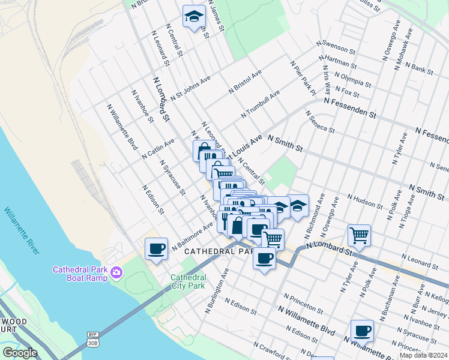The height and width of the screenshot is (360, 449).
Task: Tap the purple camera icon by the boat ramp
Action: (x=116, y=274)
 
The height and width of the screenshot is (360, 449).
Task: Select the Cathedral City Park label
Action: (x=188, y=282)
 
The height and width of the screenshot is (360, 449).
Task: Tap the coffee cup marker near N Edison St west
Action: (x=157, y=248)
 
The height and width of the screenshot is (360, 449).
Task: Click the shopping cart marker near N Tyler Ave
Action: (x=359, y=235)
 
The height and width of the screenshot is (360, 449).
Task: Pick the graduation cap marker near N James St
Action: (x=194, y=17)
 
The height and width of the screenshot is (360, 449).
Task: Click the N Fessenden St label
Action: (x=349, y=108)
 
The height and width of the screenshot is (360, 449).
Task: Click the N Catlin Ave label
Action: (x=158, y=148)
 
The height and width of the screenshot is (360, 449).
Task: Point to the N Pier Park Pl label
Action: (x=303, y=78)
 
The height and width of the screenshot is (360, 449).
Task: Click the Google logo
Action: (x=20, y=353)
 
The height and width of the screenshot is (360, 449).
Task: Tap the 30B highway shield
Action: (x=93, y=343)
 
